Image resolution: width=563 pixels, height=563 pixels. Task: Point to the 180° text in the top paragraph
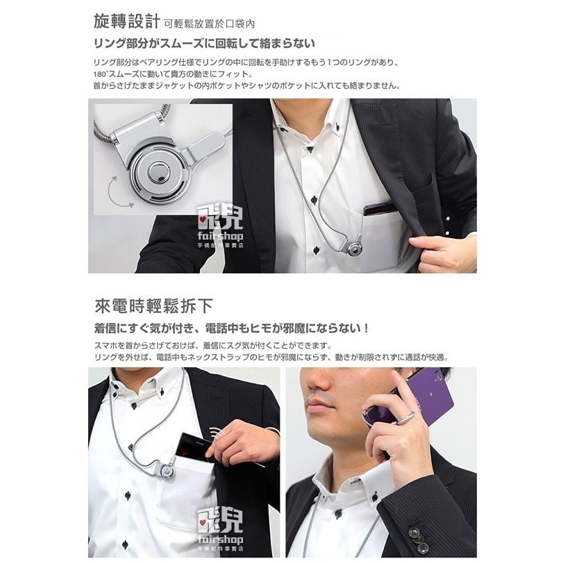(x=101, y=74)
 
